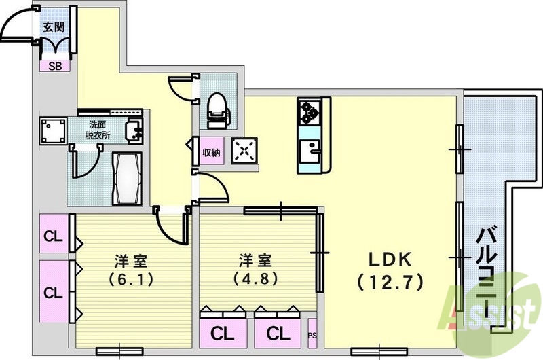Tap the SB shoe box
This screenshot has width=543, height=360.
click(x=52, y=66)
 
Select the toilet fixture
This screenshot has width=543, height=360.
click(x=217, y=109)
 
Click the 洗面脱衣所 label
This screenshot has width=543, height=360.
click(x=98, y=130)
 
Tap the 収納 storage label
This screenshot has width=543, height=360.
click(x=211, y=152)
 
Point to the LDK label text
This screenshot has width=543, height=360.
click(x=391, y=260)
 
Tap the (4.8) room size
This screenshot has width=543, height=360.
click(x=255, y=278)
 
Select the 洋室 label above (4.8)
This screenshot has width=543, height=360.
click(x=255, y=260)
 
